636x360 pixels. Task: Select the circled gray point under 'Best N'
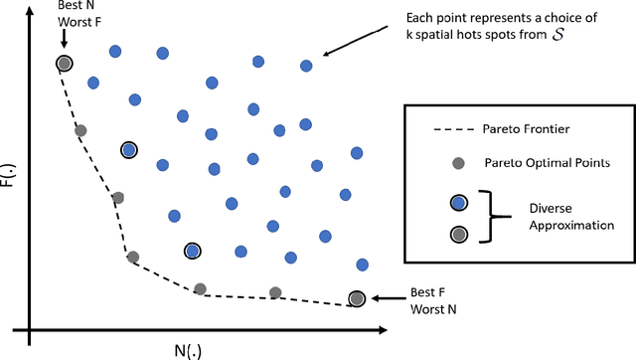click(x=65, y=64)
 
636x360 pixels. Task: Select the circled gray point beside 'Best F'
click(x=357, y=298)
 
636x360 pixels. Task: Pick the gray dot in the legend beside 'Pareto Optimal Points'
click(x=457, y=163)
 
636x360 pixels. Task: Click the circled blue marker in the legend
click(x=457, y=202)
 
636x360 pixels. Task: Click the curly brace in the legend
click(x=486, y=218)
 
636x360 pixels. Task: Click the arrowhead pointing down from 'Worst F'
click(x=63, y=46)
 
